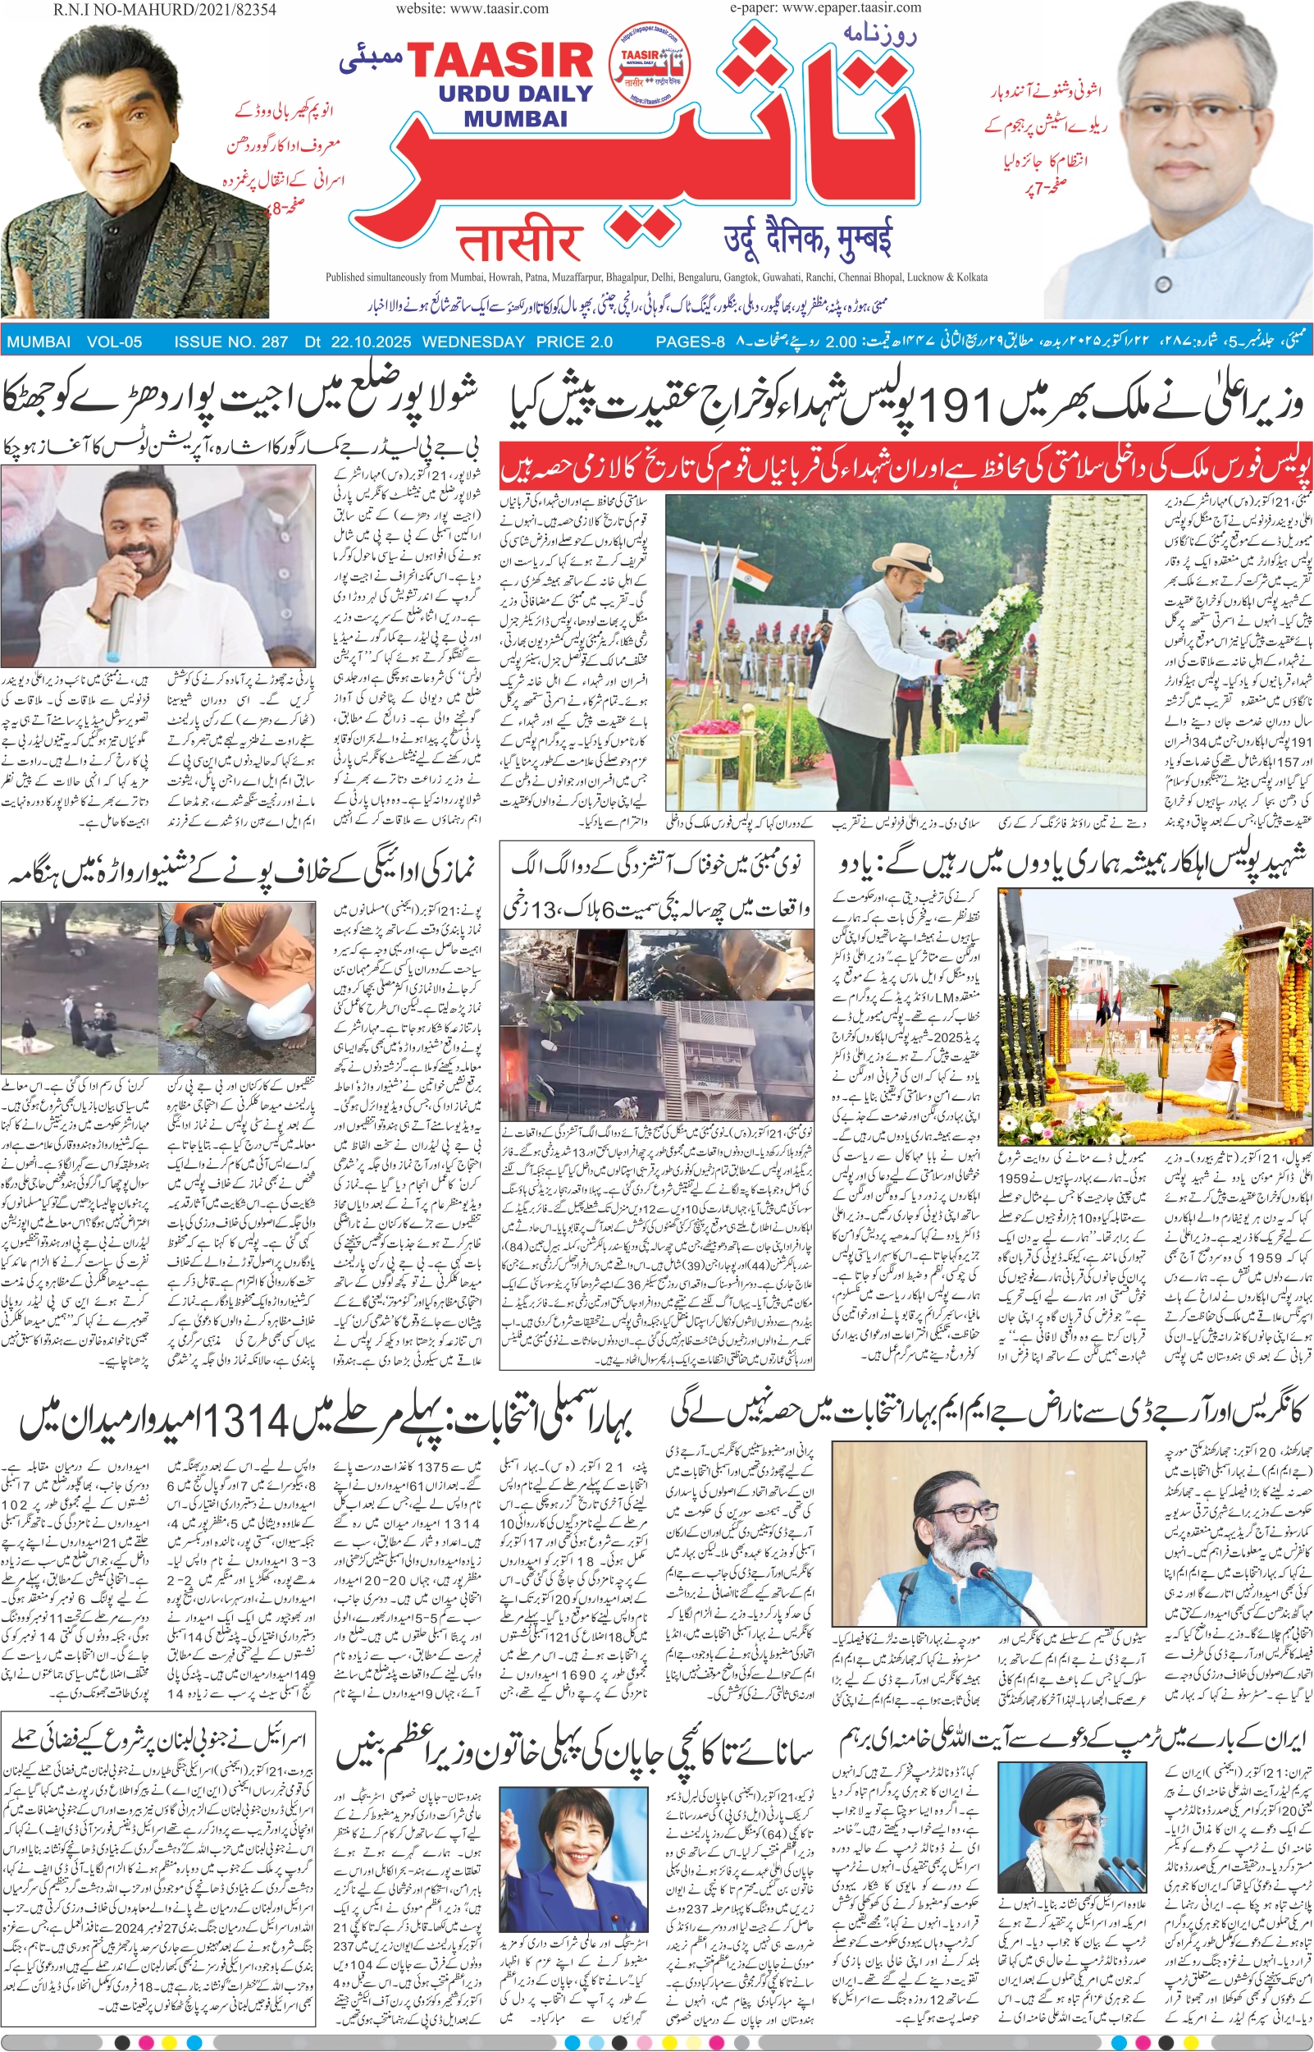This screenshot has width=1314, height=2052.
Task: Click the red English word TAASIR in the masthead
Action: click(x=500, y=62)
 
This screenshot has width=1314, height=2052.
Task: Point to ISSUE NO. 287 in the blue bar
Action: click(x=230, y=342)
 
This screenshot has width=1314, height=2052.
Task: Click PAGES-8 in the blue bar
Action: click(x=690, y=342)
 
